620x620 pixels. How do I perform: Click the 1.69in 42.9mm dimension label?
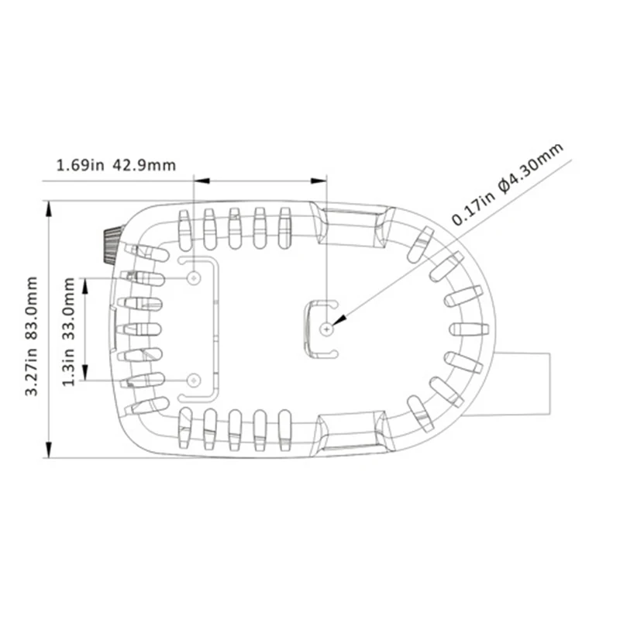pos(115,164)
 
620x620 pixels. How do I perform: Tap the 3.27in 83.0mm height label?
pos(32,336)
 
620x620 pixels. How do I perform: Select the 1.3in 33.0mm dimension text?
pos(68,332)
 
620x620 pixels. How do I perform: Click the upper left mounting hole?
pos(194,278)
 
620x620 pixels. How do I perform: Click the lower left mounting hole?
pos(194,381)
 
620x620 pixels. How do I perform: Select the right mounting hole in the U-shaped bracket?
pos(326,329)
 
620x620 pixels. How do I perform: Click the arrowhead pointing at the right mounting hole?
pos(340,319)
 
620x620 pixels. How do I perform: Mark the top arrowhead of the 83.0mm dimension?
pos(49,208)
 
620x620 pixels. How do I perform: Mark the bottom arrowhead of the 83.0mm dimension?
pos(49,449)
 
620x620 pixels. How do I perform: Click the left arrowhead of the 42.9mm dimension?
pos(201,181)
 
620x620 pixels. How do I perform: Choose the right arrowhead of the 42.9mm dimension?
pos(319,181)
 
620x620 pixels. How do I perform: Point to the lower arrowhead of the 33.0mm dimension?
pos(85,373)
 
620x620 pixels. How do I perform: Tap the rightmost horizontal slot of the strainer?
pos(470,329)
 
